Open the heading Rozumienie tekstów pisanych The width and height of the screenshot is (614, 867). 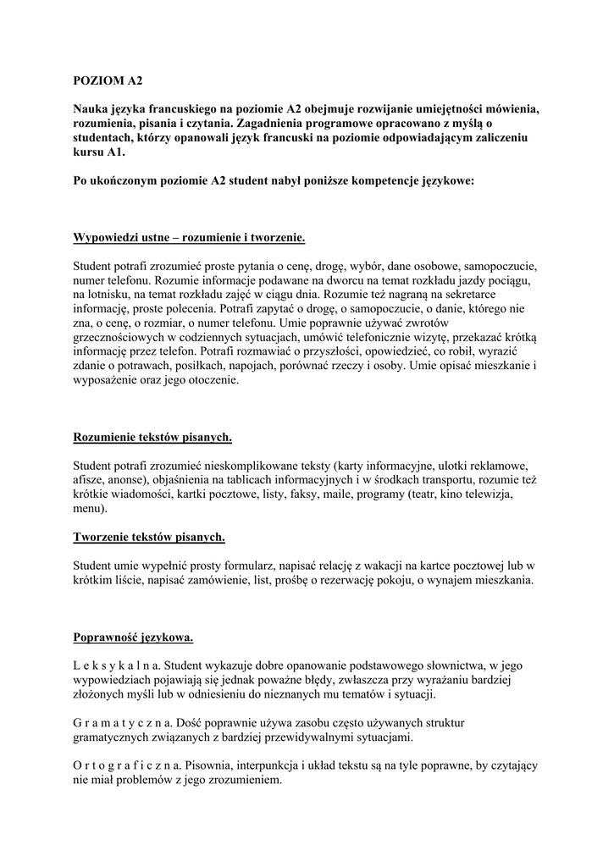152,437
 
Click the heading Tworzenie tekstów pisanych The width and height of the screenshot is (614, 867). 149,537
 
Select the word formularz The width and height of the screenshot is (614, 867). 263,566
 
